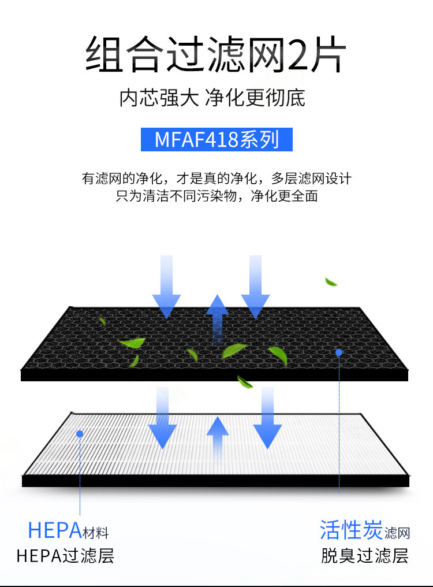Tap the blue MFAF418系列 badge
click(x=216, y=140)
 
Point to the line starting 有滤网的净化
click(x=216, y=179)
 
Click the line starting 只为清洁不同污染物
click(x=216, y=196)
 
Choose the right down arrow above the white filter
click(x=267, y=419)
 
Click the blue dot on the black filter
click(x=339, y=352)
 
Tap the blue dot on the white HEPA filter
click(x=80, y=433)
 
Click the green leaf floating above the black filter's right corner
click(x=331, y=282)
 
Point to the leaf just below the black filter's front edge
click(x=245, y=381)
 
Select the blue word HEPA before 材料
click(x=54, y=530)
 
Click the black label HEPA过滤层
click(x=65, y=556)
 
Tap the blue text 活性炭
click(x=351, y=529)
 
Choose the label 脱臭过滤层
click(x=365, y=556)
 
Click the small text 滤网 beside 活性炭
click(x=397, y=533)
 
